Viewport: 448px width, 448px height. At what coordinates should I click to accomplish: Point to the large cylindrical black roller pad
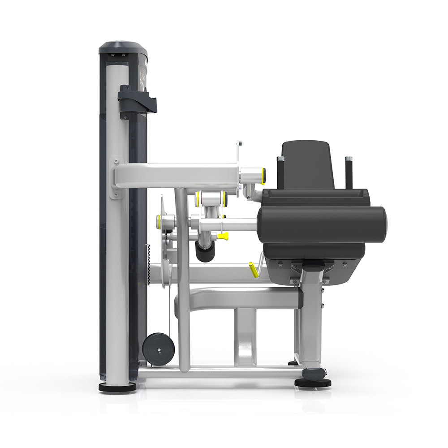323,224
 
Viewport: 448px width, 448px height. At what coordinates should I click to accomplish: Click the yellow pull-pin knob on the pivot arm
223,236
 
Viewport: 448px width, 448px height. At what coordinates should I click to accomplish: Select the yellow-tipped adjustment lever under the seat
254,270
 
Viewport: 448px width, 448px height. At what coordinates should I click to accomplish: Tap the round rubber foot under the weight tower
117,387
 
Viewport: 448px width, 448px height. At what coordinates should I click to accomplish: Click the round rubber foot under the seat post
313,382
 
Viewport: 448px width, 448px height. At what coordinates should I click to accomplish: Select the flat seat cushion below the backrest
316,196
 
